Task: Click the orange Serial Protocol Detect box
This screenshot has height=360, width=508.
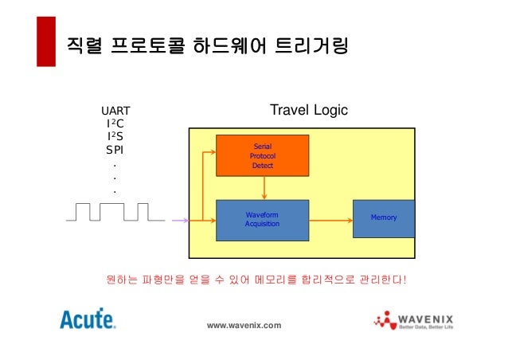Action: tap(262, 156)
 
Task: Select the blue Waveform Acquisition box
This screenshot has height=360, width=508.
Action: tap(262, 219)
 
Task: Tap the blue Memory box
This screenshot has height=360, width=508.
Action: tap(384, 218)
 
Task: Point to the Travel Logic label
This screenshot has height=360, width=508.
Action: tap(309, 110)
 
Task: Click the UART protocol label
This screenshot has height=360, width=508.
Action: tap(115, 111)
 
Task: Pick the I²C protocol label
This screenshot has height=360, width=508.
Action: tap(115, 123)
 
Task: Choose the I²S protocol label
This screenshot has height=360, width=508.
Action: tap(115, 136)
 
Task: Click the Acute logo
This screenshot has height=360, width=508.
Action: tap(88, 320)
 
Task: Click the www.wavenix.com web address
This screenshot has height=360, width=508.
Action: tap(244, 326)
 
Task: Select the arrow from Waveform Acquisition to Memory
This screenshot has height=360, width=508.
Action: tap(330, 219)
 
